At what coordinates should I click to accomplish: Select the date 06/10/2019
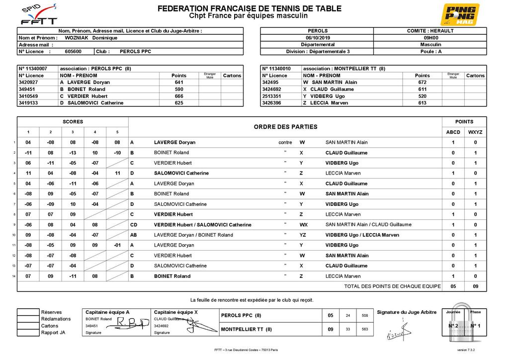(318, 37)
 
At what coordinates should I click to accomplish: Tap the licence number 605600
(73, 51)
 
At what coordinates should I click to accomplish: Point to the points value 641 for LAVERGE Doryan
(179, 83)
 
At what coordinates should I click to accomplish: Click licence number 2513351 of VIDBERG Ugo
(272, 96)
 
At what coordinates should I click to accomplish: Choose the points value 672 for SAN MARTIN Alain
(423, 83)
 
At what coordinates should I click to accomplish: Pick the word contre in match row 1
(285, 143)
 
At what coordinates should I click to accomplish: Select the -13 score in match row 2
(73, 153)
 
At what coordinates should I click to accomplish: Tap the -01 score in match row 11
(117, 245)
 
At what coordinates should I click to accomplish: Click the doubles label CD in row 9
(133, 225)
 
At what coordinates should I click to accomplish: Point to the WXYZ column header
(475, 132)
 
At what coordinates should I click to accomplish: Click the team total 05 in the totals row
(453, 286)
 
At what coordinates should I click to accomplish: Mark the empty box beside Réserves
(28, 312)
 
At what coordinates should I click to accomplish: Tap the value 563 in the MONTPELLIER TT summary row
(365, 329)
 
